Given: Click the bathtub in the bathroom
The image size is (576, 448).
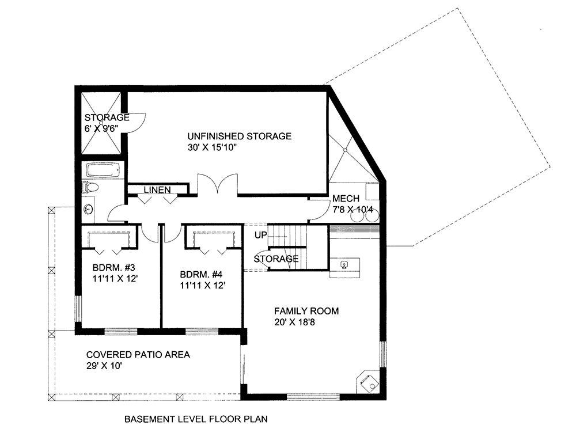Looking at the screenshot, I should coord(104,170).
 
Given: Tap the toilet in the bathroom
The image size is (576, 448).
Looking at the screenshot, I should coord(91,187).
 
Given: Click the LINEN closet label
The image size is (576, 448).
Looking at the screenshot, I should coord(157,189).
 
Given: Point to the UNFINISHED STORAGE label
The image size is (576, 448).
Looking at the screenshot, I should coord(239,136).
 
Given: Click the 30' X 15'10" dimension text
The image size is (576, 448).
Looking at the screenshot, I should coord(212,148).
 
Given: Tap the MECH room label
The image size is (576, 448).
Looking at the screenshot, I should coord(346,199).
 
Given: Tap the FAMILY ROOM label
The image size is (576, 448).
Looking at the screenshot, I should coord(306,311).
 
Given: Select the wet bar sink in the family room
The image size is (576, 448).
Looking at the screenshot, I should coord(344,265).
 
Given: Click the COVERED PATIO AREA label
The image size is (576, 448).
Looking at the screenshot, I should coord(138,355).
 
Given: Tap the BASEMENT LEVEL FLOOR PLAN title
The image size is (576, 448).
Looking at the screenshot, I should coord(196,419).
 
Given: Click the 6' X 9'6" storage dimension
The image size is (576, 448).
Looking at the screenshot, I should coord(101,129).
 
